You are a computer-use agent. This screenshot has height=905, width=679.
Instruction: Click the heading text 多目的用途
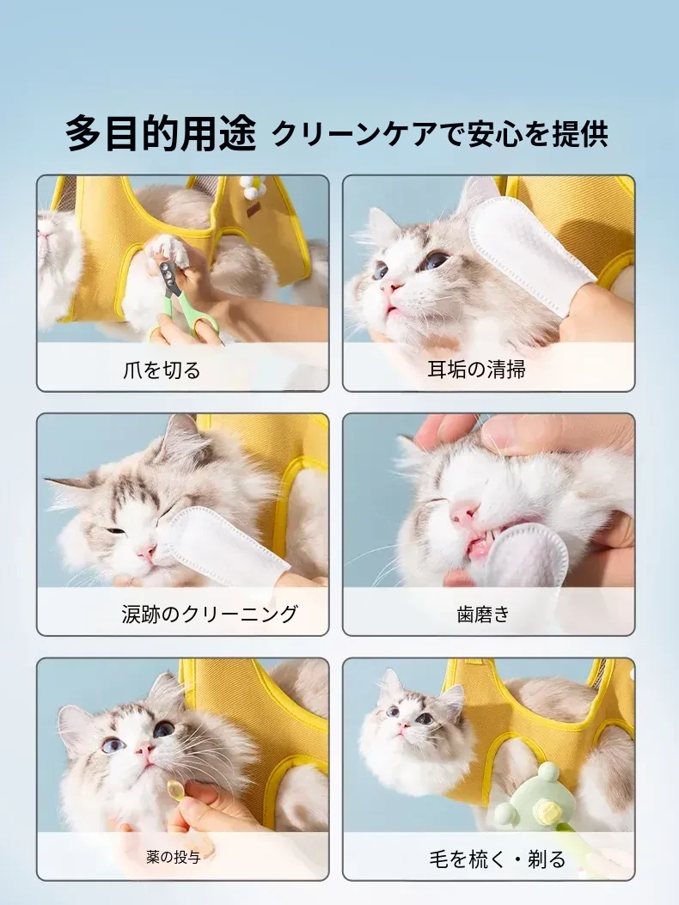(x=160, y=132)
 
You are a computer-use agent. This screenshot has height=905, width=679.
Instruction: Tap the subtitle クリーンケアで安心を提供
(x=439, y=134)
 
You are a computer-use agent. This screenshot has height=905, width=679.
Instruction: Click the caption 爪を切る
(x=162, y=370)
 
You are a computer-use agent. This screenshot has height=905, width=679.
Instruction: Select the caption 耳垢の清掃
(x=476, y=370)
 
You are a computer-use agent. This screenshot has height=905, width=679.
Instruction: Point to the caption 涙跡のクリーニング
(x=210, y=614)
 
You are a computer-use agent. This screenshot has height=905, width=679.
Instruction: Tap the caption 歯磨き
(x=483, y=615)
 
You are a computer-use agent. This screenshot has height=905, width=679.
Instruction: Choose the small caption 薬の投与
(x=174, y=857)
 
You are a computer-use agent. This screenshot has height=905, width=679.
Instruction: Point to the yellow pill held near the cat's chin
(x=175, y=789)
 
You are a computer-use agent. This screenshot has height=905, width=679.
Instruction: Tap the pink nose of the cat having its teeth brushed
(x=464, y=511)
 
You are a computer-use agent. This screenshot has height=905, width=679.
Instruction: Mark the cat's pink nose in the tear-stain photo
(x=146, y=552)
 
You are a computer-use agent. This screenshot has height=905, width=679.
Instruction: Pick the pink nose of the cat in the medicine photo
(x=144, y=749)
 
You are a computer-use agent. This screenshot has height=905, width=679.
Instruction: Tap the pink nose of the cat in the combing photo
(x=402, y=724)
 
